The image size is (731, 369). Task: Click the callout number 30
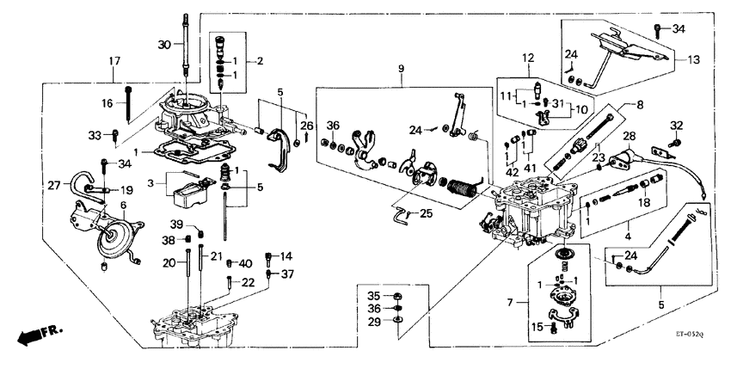164,45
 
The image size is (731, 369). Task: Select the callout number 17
114,60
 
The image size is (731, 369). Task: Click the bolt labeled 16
128,104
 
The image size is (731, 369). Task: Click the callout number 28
629,138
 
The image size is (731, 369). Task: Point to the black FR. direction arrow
32,333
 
